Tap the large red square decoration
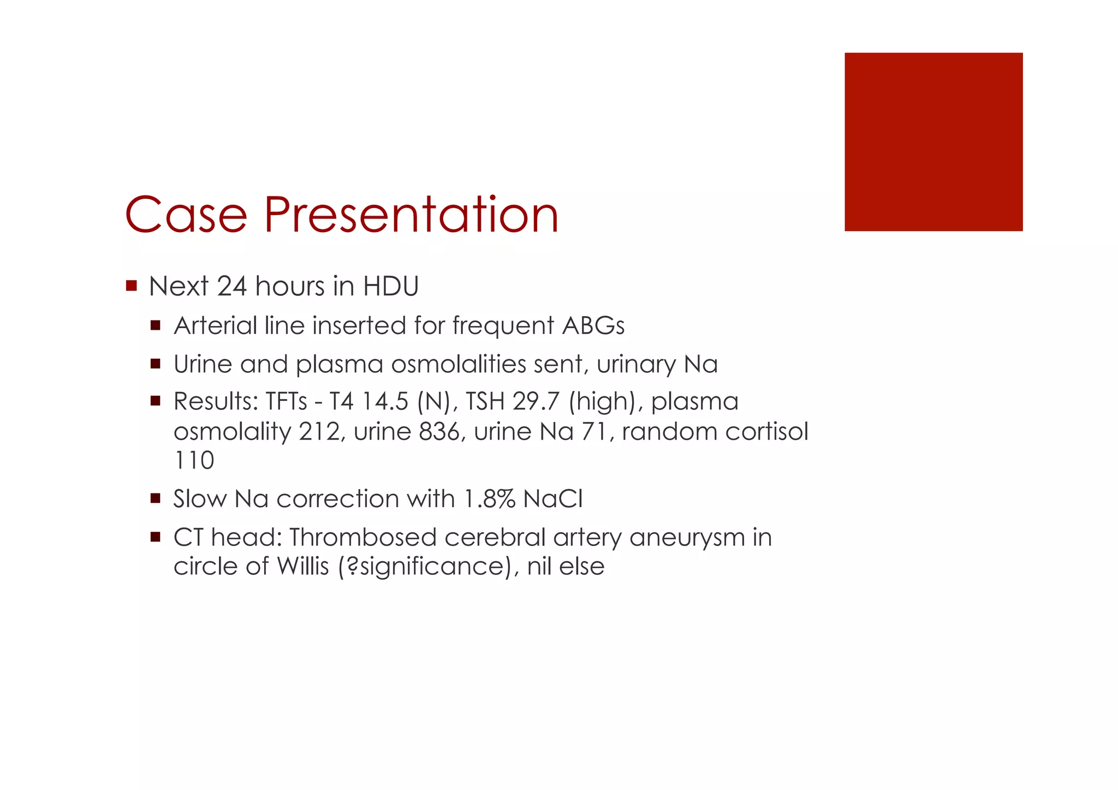tap(933, 142)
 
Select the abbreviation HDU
tap(391, 287)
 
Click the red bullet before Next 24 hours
tap(131, 286)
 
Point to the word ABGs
tap(593, 326)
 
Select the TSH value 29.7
tap(536, 402)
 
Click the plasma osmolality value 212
tap(319, 432)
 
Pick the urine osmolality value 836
tap(439, 432)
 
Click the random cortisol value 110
tap(194, 460)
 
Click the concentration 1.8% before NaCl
tap(489, 499)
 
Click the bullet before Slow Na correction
tap(156, 498)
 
